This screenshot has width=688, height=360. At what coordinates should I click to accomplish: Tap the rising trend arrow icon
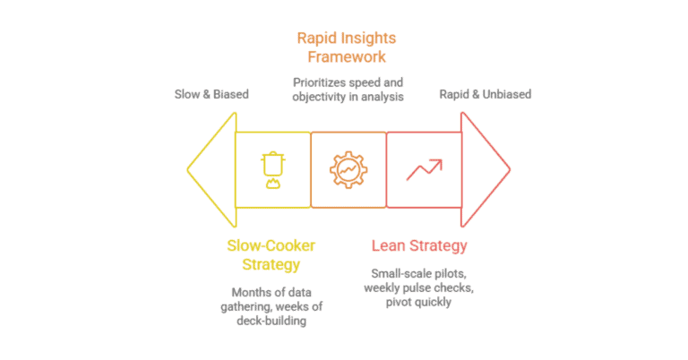click(x=423, y=168)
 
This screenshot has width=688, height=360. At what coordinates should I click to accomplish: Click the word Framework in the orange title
click(x=348, y=56)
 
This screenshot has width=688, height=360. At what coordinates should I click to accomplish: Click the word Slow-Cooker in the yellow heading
click(x=271, y=245)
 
